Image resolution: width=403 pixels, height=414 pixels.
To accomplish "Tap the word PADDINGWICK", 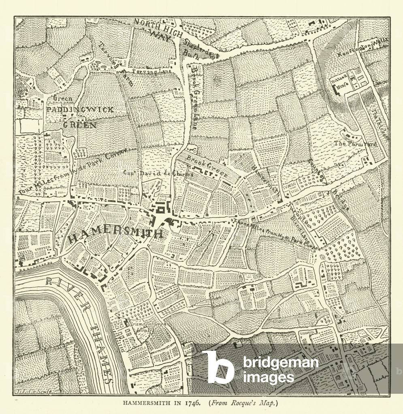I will (x=80, y=110).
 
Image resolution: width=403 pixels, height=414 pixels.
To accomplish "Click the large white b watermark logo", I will (x=218, y=366).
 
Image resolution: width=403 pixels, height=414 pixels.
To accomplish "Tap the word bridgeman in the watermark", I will (x=280, y=363).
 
